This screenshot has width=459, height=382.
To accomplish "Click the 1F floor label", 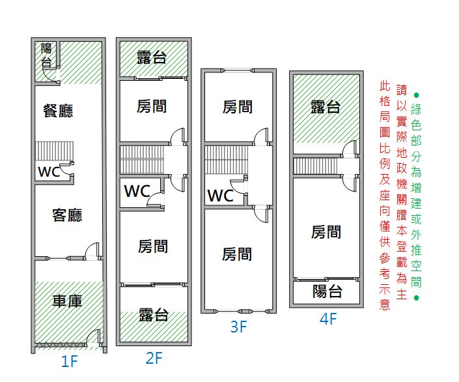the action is tap(70, 361).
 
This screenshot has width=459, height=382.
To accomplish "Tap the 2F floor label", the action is tap(154, 358).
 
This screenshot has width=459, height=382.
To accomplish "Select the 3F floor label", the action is tap(238, 327).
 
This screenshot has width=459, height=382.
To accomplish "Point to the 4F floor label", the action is tap(328, 319).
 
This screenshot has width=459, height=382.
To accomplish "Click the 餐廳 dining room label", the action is tap(58, 111).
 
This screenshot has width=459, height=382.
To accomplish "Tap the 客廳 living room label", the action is tap(67, 215).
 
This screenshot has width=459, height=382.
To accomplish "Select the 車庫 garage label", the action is tap(67, 301).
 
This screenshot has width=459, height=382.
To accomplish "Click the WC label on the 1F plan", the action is tap(49, 172).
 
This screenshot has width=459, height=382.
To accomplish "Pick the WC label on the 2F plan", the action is tap(137, 191).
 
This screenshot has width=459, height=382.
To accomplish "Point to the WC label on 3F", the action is tap(221, 196).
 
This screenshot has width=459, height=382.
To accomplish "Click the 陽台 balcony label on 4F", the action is tap(327, 291).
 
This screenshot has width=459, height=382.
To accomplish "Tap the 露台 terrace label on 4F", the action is tap(326, 107).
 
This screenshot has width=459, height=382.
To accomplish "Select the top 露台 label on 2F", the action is tap(152, 57).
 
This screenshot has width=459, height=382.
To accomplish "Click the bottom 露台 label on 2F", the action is tap(154, 315).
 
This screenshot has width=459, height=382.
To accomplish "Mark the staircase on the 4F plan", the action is tap(316, 166).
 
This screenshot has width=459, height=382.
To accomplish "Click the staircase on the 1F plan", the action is tap(55, 151).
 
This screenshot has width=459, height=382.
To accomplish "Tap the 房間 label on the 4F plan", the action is tap(326, 232).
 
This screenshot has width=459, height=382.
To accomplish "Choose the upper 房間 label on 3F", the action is tap(238, 107).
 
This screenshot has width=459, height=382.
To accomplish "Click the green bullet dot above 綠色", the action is tap(416, 95).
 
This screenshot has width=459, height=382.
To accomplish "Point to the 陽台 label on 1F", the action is tap(46, 55).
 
